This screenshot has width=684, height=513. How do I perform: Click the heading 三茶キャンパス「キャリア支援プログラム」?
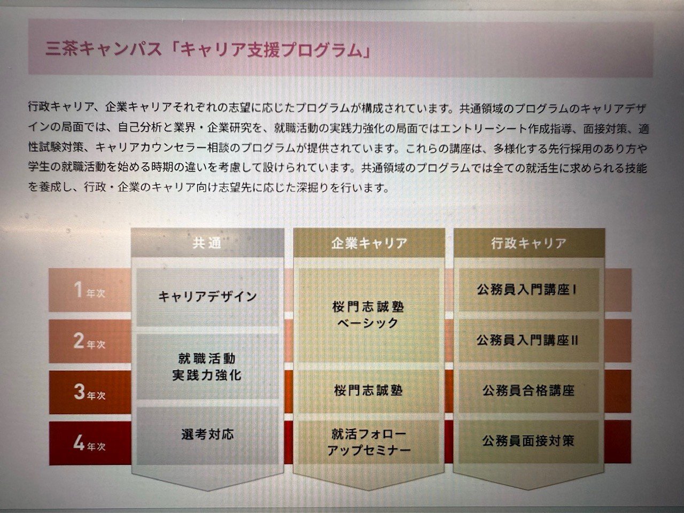point(208,50)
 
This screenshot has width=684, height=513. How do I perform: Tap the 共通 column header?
point(207,243)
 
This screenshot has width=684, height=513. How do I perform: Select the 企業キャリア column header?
point(369,243)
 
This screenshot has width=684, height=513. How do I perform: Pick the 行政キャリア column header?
point(529,243)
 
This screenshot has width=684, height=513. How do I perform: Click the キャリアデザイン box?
point(207,297)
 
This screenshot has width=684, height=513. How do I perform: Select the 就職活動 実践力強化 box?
point(207,367)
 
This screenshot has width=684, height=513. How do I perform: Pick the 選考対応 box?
point(207,435)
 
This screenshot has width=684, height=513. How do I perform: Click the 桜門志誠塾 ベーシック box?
point(369,315)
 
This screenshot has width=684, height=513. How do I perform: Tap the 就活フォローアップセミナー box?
point(369,442)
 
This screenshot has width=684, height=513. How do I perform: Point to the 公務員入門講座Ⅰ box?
point(529,290)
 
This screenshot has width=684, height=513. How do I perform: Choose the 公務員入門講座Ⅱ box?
point(529,340)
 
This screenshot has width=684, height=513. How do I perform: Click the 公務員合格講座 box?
point(529,391)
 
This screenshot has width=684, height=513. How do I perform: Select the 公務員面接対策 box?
point(529,441)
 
